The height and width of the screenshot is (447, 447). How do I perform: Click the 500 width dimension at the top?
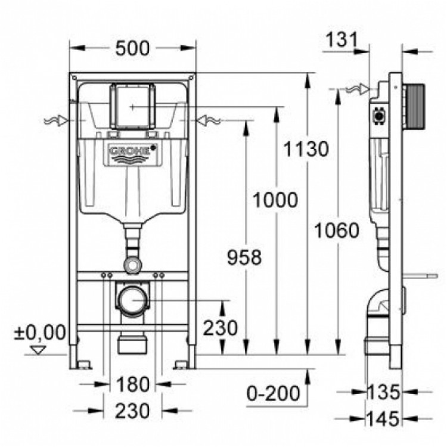pyautogui.click(x=133, y=48)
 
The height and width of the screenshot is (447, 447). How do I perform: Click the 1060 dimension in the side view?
pyautogui.click(x=338, y=229)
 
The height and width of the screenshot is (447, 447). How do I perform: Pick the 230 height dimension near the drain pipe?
pyautogui.click(x=221, y=327)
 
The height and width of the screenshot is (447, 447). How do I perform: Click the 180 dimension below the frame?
pyautogui.click(x=132, y=384)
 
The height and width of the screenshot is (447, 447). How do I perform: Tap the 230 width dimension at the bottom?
pyautogui.click(x=132, y=411)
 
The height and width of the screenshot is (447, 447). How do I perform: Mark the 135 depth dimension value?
pyautogui.click(x=384, y=392)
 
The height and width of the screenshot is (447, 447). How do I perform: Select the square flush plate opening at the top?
pyautogui.click(x=133, y=105)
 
